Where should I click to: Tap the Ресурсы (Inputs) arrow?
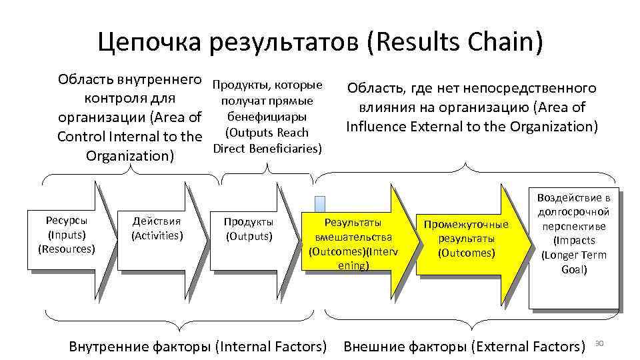[67, 234]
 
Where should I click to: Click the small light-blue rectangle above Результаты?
[320, 204]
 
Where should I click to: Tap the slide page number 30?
[598, 343]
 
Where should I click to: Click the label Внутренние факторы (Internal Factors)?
[198, 346]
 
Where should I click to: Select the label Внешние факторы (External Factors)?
[463, 346]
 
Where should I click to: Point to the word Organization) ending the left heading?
[130, 156]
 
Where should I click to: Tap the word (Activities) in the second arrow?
[157, 235]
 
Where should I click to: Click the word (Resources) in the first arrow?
[67, 249]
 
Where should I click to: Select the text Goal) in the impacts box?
[574, 270]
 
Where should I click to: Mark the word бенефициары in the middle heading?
[267, 117]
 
